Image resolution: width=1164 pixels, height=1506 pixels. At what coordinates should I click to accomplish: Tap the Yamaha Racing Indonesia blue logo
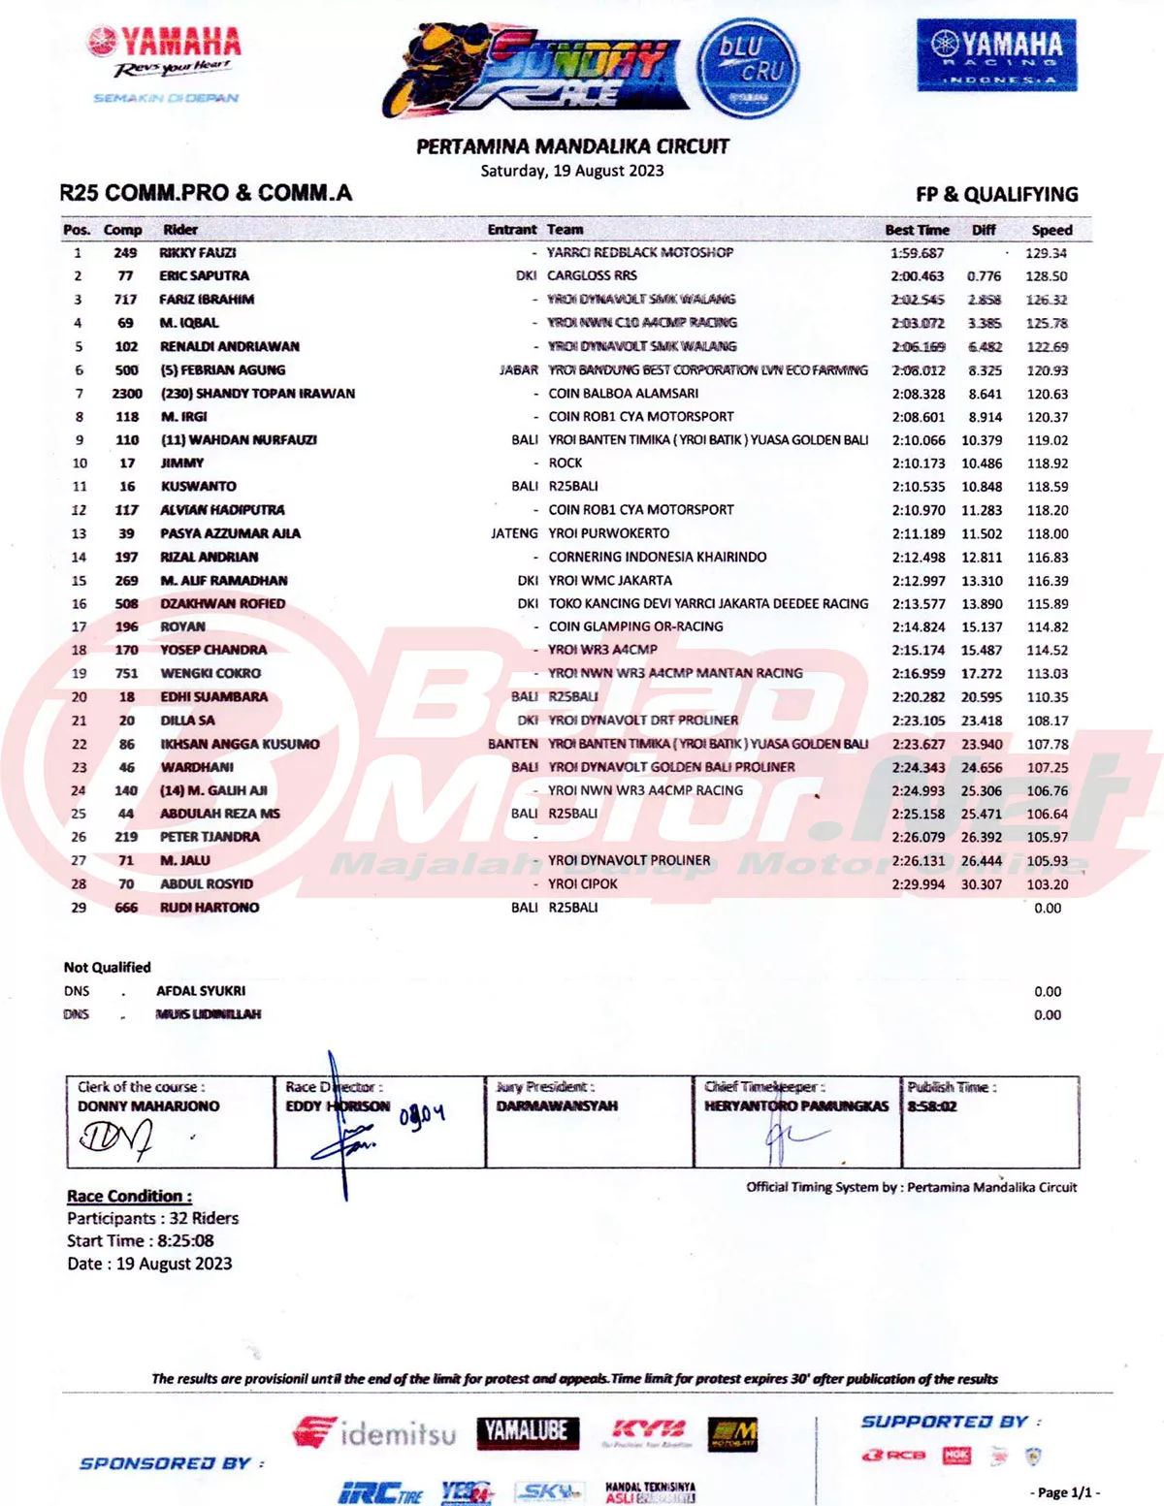click(x=996, y=55)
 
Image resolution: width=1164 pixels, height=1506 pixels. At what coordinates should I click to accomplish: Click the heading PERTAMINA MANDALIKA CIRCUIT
click(x=572, y=146)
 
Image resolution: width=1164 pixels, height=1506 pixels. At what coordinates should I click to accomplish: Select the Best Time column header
click(x=917, y=230)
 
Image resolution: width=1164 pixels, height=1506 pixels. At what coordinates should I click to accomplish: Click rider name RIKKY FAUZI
click(x=198, y=252)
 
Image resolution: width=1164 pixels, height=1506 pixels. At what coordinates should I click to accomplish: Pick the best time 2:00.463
click(x=917, y=276)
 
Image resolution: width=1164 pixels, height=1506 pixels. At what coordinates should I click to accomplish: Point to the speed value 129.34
click(x=1046, y=253)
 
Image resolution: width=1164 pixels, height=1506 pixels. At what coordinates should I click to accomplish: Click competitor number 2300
click(x=126, y=394)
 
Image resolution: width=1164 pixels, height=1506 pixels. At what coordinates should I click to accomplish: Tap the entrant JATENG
click(x=514, y=533)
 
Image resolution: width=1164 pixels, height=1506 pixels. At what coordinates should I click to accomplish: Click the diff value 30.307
click(x=981, y=884)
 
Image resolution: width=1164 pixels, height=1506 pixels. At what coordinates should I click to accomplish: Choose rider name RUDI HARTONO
click(x=210, y=908)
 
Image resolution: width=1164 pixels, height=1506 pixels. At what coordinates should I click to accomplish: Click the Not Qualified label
click(x=107, y=967)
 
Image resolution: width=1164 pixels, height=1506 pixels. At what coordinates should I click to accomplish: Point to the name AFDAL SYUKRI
click(x=201, y=991)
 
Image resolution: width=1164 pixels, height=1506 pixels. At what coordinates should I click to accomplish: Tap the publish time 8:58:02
click(x=932, y=1106)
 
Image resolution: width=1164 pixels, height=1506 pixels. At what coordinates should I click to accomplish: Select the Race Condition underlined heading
click(x=129, y=1196)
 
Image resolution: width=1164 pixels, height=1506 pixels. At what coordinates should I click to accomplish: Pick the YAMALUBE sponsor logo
click(x=528, y=1431)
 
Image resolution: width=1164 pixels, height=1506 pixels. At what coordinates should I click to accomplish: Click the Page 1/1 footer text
click(x=1064, y=1492)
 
